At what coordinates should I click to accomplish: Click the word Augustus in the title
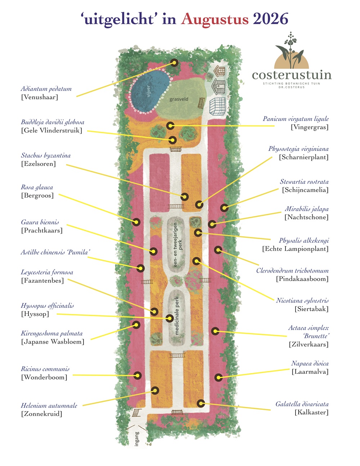coord(215,20)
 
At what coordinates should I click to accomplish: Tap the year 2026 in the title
coord(271,19)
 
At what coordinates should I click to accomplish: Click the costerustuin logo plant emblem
coord(292,50)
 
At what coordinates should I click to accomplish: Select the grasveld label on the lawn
coord(179,99)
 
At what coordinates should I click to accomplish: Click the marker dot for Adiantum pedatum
coord(174,63)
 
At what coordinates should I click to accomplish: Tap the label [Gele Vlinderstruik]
coord(51,130)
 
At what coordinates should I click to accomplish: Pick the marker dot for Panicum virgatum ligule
coord(170,126)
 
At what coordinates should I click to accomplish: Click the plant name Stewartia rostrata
coord(304,182)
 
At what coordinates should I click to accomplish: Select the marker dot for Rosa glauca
coord(136,222)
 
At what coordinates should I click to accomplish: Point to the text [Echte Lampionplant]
coord(295,249)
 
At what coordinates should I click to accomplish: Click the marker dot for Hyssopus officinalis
coord(170,318)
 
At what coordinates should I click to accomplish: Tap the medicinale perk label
coord(176,315)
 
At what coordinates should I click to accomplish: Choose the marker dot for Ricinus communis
coord(138,375)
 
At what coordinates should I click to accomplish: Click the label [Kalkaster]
coord(311,412)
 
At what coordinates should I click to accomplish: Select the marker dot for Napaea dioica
coord(219,377)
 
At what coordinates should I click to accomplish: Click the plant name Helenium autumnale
coord(49,405)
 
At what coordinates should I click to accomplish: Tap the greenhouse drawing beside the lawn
coord(217,107)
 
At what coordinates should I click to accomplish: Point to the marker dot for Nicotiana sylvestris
coord(196,261)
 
